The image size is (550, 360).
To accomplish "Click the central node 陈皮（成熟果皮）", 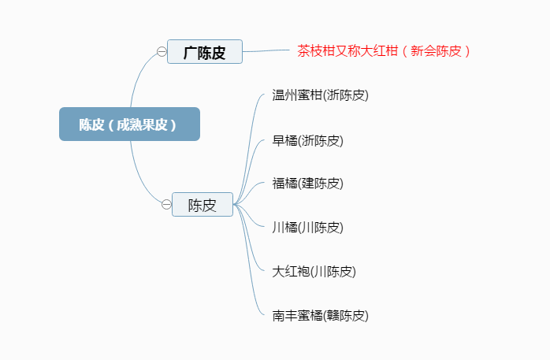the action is [x=129, y=124].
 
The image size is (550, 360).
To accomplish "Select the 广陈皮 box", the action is [x=205, y=51].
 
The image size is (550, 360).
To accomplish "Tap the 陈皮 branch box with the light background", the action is [x=203, y=204].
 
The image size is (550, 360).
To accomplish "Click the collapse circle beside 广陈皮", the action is [x=162, y=51].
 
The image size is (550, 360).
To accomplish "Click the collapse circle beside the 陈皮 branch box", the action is [x=166, y=204].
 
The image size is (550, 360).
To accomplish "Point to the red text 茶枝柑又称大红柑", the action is [x=347, y=51].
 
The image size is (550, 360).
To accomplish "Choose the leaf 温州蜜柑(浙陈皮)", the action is [x=320, y=95].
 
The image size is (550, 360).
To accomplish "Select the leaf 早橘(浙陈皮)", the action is [x=307, y=140].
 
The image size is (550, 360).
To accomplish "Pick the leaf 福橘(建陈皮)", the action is [x=307, y=184].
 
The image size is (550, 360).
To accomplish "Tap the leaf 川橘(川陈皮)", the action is [x=307, y=228].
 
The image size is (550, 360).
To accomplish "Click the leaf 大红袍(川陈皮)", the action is [x=314, y=272].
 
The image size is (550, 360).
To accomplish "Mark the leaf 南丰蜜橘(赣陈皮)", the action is [x=320, y=316].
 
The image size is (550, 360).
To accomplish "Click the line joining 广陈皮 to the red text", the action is [x=266, y=51].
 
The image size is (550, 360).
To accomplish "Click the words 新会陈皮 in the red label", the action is [x=436, y=51].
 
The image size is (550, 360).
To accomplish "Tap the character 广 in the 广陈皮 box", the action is [x=190, y=53].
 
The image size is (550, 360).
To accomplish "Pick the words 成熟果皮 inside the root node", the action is [x=142, y=124].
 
